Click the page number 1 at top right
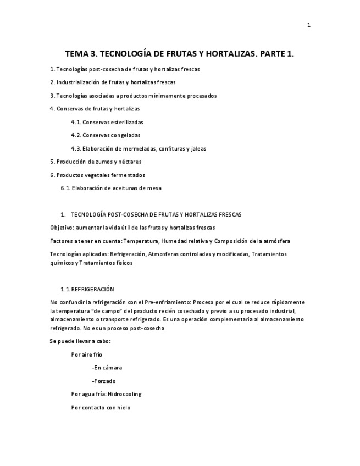point(308,25)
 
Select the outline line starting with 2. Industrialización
point(113,82)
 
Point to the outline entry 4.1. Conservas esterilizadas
point(107,122)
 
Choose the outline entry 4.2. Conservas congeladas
point(106,135)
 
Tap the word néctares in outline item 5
point(129,162)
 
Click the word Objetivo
point(62,228)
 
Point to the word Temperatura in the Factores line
point(140,241)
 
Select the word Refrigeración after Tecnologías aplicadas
point(127,254)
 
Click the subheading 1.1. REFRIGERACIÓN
point(87,289)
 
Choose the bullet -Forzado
point(104,381)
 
